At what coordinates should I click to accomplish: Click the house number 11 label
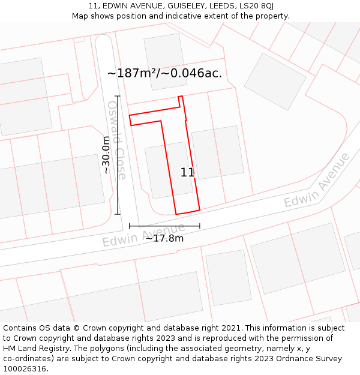187,172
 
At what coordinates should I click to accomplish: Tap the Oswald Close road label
117,140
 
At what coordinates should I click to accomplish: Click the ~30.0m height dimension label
106,155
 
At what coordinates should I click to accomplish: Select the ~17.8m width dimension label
164,238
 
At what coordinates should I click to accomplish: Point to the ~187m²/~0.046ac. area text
164,73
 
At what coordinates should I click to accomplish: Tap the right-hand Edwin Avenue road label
317,180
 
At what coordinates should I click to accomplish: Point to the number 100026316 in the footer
25,369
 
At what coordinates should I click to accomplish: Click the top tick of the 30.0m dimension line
118,96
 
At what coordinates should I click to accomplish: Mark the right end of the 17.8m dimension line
200,226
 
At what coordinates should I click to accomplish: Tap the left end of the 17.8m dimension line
129,226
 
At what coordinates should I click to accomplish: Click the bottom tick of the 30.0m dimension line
118,214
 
